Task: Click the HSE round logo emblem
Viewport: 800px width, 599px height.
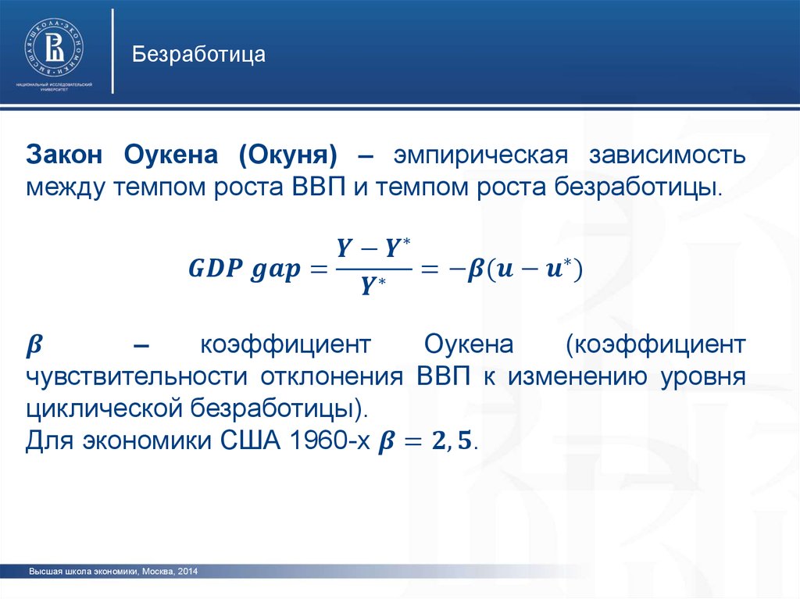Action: pyautogui.click(x=54, y=48)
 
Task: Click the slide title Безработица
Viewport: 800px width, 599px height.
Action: pyautogui.click(x=198, y=55)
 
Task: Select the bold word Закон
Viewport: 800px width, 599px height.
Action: pyautogui.click(x=64, y=155)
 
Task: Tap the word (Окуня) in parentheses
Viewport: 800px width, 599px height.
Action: pyautogui.click(x=287, y=155)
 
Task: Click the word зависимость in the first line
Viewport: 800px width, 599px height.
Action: pyautogui.click(x=667, y=155)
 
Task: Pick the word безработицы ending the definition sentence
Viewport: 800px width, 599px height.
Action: pyautogui.click(x=638, y=188)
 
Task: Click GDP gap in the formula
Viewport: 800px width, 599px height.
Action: pyautogui.click(x=245, y=269)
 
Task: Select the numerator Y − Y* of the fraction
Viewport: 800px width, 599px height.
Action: pyautogui.click(x=373, y=248)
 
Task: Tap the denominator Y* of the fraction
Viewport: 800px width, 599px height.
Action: pyautogui.click(x=373, y=286)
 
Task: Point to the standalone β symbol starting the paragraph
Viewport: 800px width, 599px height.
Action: pyautogui.click(x=34, y=346)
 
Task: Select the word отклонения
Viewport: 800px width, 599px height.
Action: pyautogui.click(x=332, y=378)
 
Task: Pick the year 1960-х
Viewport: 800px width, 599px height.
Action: pyautogui.click(x=329, y=440)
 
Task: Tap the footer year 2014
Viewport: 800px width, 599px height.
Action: pyautogui.click(x=187, y=572)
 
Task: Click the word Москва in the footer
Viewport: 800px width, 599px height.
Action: pyautogui.click(x=158, y=572)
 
